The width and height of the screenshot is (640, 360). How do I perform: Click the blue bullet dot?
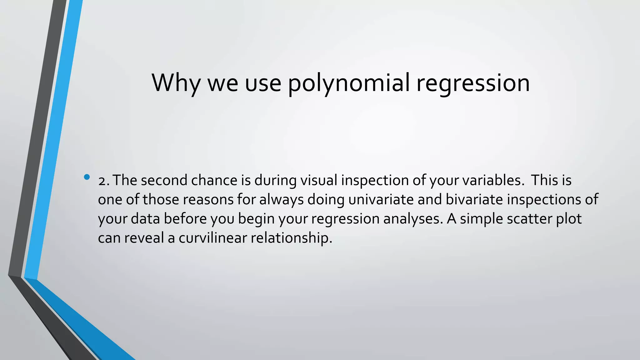(x=87, y=177)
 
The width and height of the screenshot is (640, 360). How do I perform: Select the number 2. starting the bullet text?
(x=103, y=181)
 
